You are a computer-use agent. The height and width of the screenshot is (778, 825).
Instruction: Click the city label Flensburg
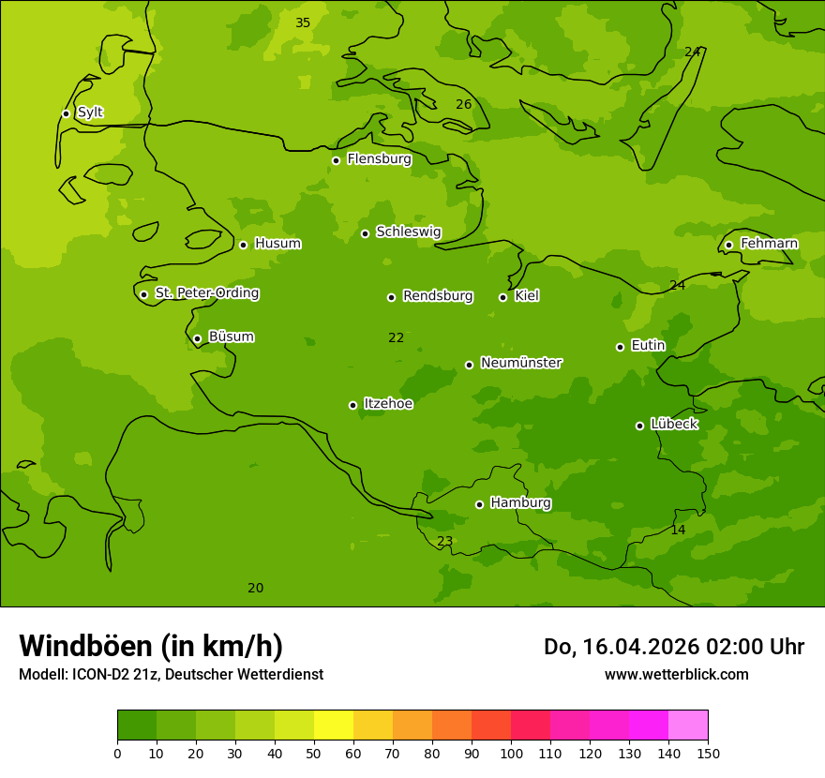(x=379, y=159)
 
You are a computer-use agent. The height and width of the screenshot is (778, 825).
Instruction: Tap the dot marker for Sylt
(x=66, y=113)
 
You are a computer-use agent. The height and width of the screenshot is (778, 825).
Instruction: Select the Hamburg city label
(x=520, y=503)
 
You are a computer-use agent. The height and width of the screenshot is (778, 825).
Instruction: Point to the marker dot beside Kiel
(x=502, y=297)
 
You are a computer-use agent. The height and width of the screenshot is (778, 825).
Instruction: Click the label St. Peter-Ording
(x=206, y=293)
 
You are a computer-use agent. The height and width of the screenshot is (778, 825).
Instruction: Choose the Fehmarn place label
(x=769, y=244)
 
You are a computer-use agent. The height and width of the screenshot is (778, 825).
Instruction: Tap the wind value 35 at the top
(x=303, y=22)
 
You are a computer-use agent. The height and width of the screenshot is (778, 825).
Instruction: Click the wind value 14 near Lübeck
(x=678, y=530)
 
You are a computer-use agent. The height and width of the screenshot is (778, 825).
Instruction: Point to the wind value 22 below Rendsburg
(x=397, y=337)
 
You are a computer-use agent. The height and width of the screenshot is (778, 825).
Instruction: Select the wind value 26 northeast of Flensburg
(x=464, y=104)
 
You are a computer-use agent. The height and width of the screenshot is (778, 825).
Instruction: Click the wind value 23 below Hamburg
(x=445, y=541)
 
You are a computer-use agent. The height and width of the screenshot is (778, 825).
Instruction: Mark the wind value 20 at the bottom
(x=255, y=588)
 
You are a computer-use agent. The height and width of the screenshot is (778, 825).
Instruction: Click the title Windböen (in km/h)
(x=151, y=646)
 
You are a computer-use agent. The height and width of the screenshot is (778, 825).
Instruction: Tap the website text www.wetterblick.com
(x=676, y=674)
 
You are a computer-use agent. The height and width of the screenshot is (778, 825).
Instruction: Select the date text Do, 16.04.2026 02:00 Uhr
(x=674, y=647)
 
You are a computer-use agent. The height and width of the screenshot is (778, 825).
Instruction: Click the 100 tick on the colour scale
(x=511, y=753)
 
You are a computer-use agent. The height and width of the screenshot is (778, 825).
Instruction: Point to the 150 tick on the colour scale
(x=708, y=753)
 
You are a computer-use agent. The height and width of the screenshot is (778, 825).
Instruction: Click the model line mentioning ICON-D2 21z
(x=171, y=674)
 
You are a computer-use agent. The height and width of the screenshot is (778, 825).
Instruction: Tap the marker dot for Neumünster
(x=469, y=365)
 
